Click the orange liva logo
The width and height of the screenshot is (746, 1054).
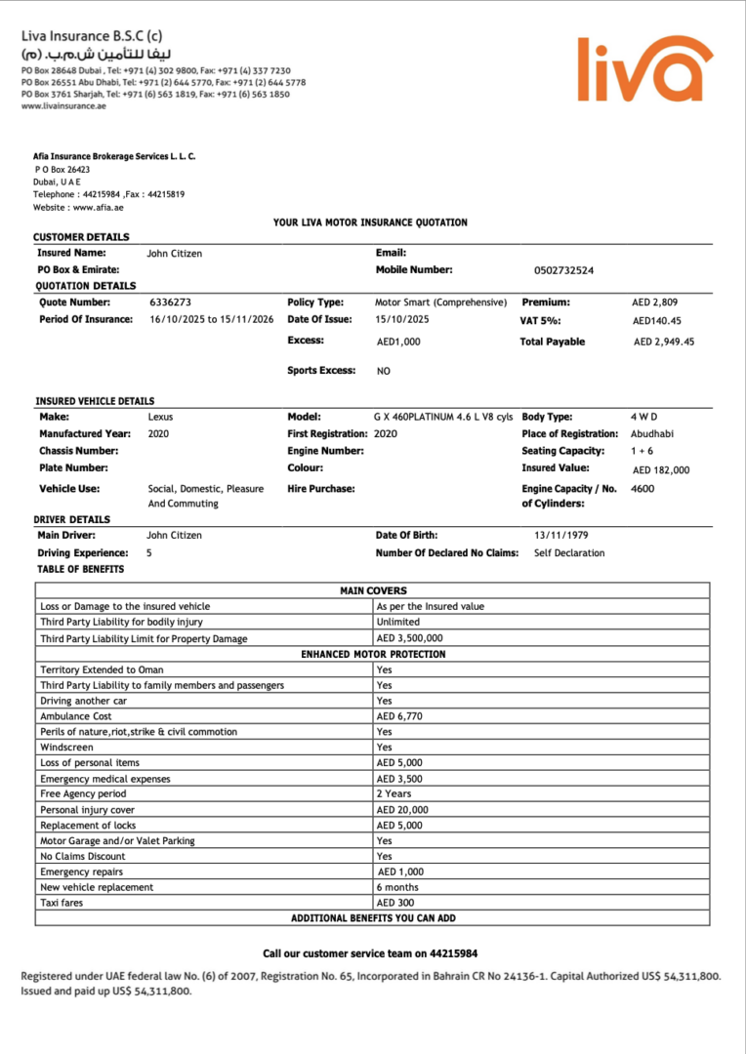(645, 69)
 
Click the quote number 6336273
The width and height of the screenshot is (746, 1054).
(170, 303)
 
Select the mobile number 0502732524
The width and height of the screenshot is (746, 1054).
(564, 270)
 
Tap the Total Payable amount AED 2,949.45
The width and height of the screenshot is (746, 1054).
(664, 342)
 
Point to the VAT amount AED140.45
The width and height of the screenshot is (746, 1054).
(656, 320)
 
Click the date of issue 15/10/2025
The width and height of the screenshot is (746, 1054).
(401, 319)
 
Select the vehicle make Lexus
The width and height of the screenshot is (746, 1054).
(160, 417)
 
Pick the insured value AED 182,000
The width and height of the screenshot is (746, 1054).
(660, 469)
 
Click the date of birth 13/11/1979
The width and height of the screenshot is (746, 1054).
(561, 535)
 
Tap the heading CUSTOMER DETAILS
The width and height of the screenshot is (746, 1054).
(81, 237)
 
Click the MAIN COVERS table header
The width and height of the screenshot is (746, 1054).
(373, 590)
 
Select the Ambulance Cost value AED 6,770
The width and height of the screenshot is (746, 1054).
(400, 716)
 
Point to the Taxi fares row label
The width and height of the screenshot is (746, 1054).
(62, 903)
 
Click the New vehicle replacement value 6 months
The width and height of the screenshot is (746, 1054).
(397, 887)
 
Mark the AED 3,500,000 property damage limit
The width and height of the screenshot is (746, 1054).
(409, 638)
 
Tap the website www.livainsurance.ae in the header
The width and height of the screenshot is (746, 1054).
(63, 105)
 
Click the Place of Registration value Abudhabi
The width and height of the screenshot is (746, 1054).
(651, 433)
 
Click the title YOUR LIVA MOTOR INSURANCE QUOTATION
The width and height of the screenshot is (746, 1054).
(370, 223)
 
